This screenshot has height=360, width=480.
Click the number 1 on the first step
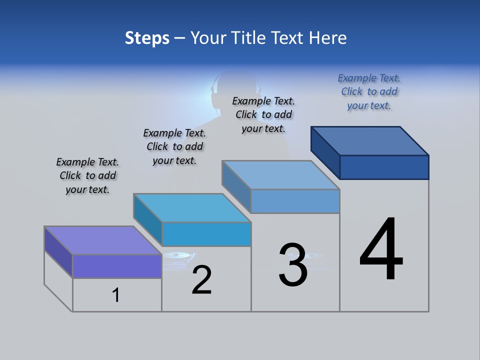click(x=116, y=295)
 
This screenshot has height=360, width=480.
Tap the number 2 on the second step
click(x=201, y=280)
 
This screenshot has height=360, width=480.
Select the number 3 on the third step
click(x=293, y=265)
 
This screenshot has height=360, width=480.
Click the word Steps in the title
click(x=147, y=37)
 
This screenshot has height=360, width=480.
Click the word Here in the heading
click(x=328, y=37)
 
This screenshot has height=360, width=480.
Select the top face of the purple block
click(x=102, y=240)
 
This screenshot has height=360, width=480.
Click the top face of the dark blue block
click(x=370, y=140)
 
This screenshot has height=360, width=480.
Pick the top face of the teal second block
click(x=192, y=207)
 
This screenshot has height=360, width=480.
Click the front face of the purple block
click(x=117, y=266)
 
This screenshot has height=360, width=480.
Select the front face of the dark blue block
click(x=384, y=167)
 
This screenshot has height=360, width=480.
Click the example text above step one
click(x=87, y=175)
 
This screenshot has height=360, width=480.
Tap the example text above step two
click(x=174, y=146)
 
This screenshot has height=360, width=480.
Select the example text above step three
click(x=263, y=114)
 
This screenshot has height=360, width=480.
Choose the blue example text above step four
click(x=369, y=91)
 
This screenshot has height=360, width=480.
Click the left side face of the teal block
click(x=147, y=220)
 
